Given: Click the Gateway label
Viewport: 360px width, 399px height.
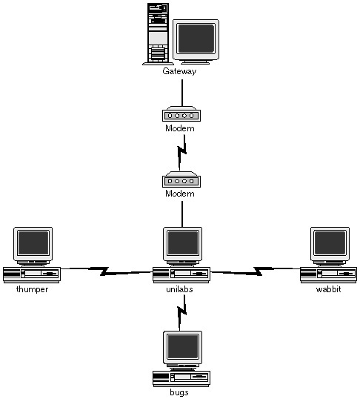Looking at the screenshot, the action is (179, 71).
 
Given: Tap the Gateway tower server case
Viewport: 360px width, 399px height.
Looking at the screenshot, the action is (158, 34).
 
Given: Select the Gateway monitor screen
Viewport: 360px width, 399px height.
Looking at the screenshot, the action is (196, 39).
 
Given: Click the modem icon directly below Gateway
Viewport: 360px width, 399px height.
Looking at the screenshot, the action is (181, 113).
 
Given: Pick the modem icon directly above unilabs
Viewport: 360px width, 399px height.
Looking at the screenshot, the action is (181, 179).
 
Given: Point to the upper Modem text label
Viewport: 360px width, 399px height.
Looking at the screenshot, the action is (180, 128).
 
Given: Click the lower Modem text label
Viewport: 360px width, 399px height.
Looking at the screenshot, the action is (180, 194).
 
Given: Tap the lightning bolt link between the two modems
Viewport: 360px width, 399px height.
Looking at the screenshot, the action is (181, 153).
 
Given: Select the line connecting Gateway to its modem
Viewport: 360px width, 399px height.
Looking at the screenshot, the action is (182, 93).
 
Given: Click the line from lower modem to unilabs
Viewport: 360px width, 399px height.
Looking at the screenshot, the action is (182, 214).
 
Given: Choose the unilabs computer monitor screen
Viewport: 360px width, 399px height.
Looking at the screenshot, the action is (183, 243).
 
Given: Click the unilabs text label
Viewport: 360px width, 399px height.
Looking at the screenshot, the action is (179, 289).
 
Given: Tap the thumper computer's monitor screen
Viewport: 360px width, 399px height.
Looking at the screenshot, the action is (33, 243).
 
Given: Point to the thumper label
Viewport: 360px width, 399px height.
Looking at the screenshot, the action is (32, 289).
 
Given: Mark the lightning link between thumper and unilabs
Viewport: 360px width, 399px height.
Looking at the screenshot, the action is (107, 271).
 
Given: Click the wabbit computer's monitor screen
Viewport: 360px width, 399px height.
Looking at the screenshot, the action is (330, 243).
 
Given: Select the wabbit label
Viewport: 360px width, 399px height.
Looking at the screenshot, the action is (328, 289).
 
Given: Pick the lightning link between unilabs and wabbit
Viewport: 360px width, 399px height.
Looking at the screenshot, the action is (256, 271).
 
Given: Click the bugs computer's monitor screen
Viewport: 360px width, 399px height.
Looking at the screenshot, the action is (183, 346).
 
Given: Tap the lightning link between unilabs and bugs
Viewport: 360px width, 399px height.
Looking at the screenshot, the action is (181, 313).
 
